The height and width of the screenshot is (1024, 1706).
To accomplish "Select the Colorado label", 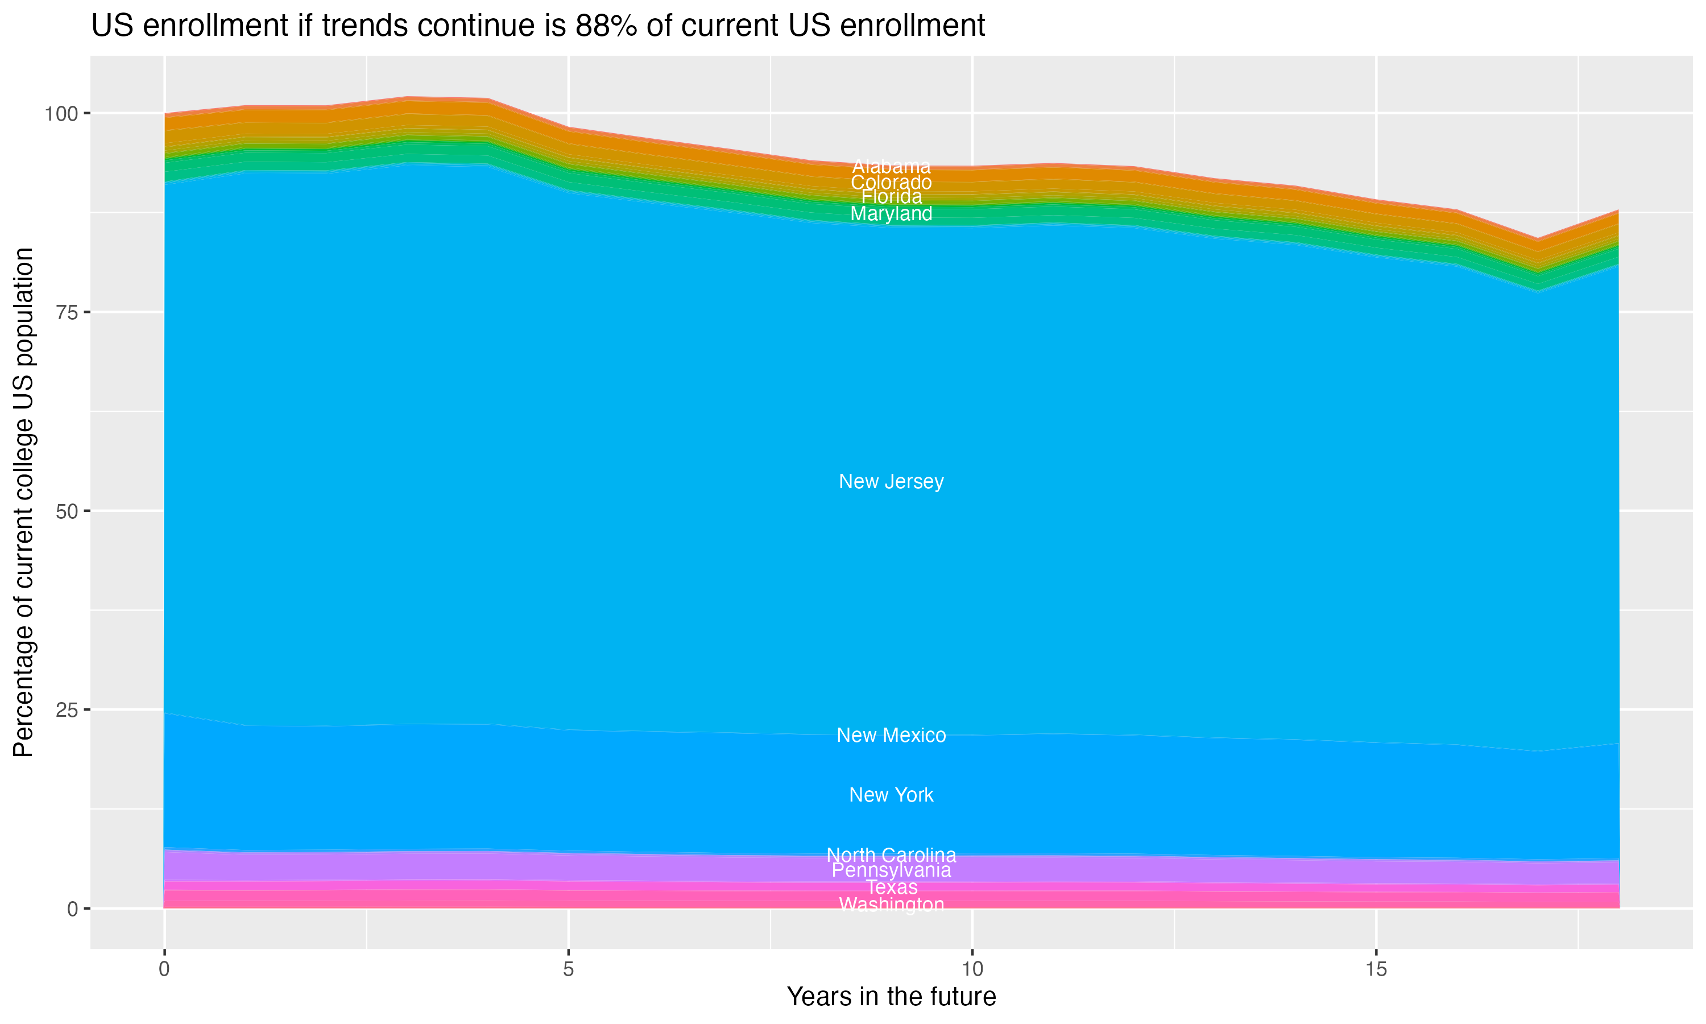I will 891,183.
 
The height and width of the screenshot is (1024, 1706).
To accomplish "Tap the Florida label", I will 891,197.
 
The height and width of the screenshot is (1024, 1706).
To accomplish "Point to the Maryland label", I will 891,214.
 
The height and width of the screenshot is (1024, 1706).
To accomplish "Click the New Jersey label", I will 891,482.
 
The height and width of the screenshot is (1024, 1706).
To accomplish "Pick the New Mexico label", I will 891,736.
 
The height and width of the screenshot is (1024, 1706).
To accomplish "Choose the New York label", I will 891,795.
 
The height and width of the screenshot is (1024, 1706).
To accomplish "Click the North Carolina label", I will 891,855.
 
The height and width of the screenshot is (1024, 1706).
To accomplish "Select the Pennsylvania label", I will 891,870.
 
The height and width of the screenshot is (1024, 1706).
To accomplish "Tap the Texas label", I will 891,887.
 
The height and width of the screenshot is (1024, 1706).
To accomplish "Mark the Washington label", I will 891,905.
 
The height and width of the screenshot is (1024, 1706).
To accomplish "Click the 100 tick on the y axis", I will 62,113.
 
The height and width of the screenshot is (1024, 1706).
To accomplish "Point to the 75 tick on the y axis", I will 67,312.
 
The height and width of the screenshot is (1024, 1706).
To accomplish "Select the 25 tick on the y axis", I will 67,709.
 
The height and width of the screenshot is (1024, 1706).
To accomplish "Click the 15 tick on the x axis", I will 1376,969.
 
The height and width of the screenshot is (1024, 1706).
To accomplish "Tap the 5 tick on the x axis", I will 568,969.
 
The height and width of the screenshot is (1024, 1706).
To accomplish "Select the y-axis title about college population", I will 23,502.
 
